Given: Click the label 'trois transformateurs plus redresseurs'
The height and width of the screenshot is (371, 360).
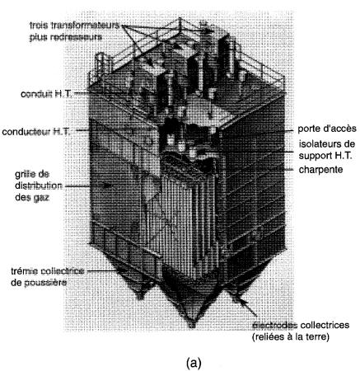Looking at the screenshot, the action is tap(75, 31).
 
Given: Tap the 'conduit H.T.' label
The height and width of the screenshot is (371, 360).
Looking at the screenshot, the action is tap(46, 94).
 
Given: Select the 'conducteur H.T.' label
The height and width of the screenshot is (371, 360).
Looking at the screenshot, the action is tap(36, 132).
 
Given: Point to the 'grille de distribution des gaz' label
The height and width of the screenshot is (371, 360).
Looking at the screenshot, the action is tap(39, 186).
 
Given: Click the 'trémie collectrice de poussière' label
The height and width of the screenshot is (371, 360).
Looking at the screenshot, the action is tap(47, 277).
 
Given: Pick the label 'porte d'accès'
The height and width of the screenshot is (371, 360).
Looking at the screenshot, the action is tap(327, 129).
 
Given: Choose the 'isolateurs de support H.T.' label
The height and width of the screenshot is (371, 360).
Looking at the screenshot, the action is tap(327, 150).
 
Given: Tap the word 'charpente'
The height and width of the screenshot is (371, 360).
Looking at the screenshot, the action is tap(320, 170).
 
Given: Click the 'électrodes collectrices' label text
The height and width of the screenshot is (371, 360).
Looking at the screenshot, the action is tap(301, 325).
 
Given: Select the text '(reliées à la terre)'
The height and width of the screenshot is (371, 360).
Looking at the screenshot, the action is tap(291, 336).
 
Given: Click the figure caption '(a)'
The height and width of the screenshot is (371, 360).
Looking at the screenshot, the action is tap(194, 363).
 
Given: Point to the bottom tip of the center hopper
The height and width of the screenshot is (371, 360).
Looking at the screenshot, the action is tap(193, 326).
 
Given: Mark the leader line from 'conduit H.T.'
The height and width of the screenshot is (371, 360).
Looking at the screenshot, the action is tap(102, 94).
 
